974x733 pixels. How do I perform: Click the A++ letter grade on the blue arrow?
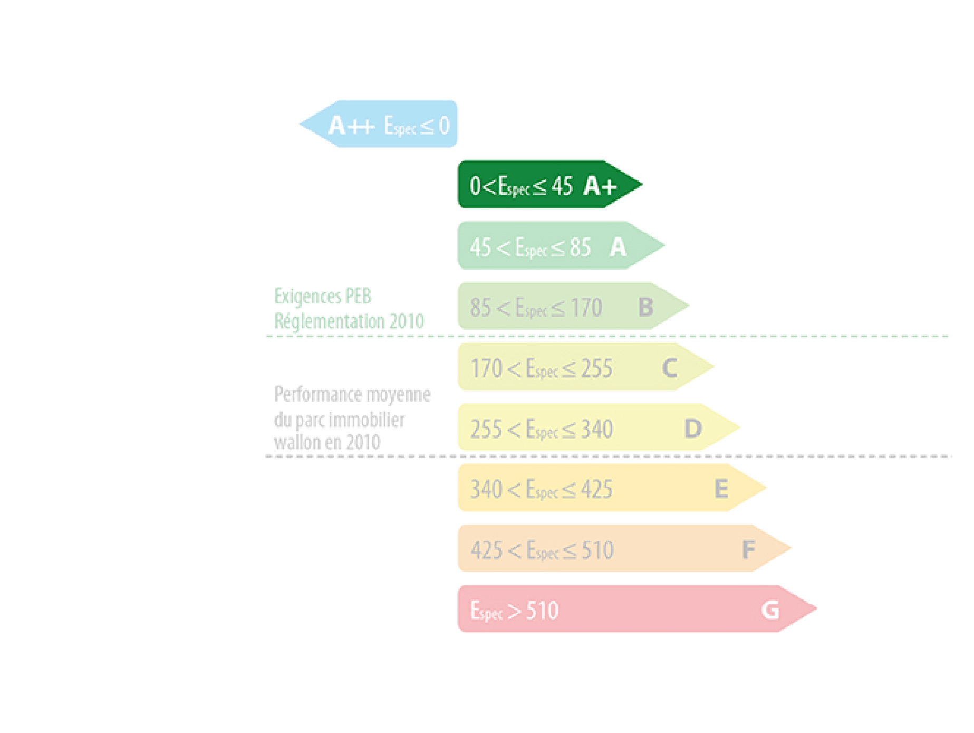pyautogui.click(x=351, y=126)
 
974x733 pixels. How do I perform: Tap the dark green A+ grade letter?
pyautogui.click(x=600, y=186)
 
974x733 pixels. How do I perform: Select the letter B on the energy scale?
pyautogui.click(x=646, y=307)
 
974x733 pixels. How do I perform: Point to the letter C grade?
pyautogui.click(x=670, y=368)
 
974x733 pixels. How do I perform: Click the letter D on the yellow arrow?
pyautogui.click(x=693, y=429)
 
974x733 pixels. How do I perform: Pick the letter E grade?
pyautogui.click(x=721, y=489)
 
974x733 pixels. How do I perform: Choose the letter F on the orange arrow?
pyautogui.click(x=748, y=550)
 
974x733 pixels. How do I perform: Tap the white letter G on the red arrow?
pyautogui.click(x=770, y=610)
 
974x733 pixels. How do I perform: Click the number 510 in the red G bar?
pyautogui.click(x=542, y=611)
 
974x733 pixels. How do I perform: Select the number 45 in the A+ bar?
pyautogui.click(x=562, y=186)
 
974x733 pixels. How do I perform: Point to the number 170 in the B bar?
pyautogui.click(x=586, y=308)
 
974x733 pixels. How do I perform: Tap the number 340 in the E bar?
pyautogui.click(x=487, y=490)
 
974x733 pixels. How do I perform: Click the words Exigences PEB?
pyautogui.click(x=323, y=297)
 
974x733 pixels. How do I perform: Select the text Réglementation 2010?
pyautogui.click(x=349, y=321)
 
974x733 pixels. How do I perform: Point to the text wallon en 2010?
pyautogui.click(x=327, y=442)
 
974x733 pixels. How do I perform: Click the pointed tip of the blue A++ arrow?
pyautogui.click(x=300, y=124)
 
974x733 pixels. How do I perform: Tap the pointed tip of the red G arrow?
pyautogui.click(x=817, y=608)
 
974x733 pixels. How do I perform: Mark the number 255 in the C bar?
pyautogui.click(x=596, y=368)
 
